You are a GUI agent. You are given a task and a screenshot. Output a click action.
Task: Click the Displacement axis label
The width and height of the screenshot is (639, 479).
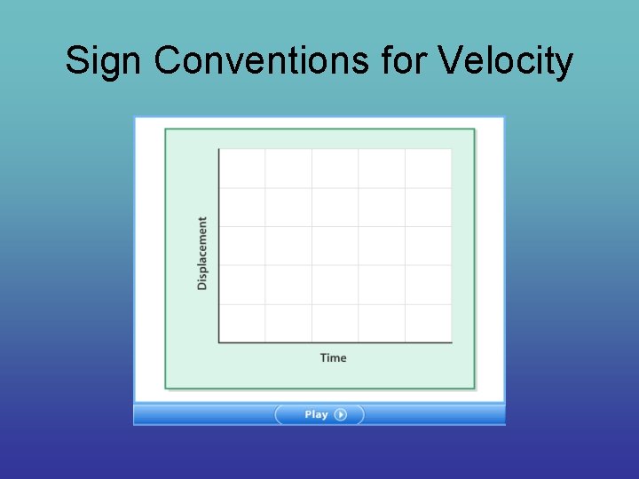(202, 254)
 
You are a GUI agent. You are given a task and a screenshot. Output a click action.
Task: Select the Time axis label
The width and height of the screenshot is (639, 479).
(334, 357)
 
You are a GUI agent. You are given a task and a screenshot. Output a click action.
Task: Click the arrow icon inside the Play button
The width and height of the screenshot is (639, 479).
(341, 414)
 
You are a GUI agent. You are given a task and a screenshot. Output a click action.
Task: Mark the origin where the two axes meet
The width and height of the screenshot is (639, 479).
(219, 342)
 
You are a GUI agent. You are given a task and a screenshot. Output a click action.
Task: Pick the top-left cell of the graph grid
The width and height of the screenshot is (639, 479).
(242, 169)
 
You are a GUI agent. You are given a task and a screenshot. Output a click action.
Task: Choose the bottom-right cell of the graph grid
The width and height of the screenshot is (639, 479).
(429, 323)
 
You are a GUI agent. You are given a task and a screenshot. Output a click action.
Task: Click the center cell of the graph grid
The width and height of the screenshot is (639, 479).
(335, 246)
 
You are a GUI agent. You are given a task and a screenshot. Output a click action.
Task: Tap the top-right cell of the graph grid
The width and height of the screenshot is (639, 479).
(429, 169)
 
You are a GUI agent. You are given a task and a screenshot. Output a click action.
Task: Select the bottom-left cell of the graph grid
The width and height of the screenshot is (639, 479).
(242, 323)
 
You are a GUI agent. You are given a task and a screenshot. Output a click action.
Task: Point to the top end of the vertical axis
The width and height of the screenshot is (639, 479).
(219, 150)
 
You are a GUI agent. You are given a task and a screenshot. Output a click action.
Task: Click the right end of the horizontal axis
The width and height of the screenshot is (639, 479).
(451, 342)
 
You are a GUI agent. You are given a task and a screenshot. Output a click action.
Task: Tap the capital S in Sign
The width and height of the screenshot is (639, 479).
(76, 62)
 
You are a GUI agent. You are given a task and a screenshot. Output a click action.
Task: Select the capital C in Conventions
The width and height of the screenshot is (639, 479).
(167, 62)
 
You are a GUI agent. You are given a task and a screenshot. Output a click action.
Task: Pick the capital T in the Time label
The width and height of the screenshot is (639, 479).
(324, 357)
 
